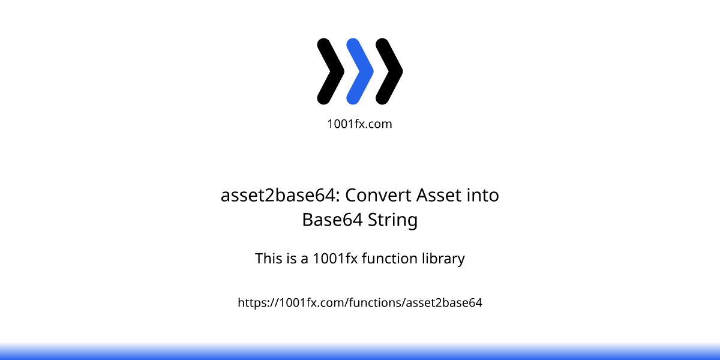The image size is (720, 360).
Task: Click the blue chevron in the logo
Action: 360,71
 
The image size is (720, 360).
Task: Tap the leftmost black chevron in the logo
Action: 331,71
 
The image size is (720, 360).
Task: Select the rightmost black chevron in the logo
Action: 389,71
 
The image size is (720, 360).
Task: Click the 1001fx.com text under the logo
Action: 359,124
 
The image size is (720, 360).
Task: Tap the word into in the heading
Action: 483,196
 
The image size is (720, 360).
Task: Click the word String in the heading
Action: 393,220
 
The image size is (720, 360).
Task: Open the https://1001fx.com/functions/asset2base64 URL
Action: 360,303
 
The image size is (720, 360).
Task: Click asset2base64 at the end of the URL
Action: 444,303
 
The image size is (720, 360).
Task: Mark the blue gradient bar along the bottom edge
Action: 360,353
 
